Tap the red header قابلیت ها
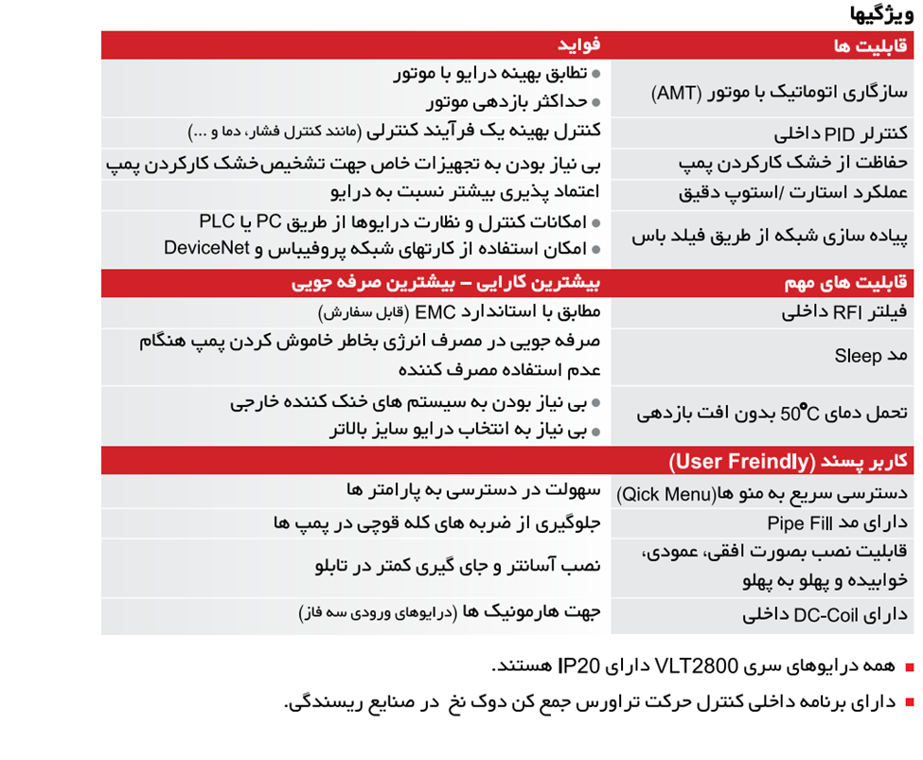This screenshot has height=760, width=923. [x=872, y=45]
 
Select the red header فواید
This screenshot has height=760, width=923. [x=577, y=45]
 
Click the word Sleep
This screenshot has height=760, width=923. [x=857, y=356]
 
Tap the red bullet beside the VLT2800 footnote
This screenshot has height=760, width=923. [x=910, y=667]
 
